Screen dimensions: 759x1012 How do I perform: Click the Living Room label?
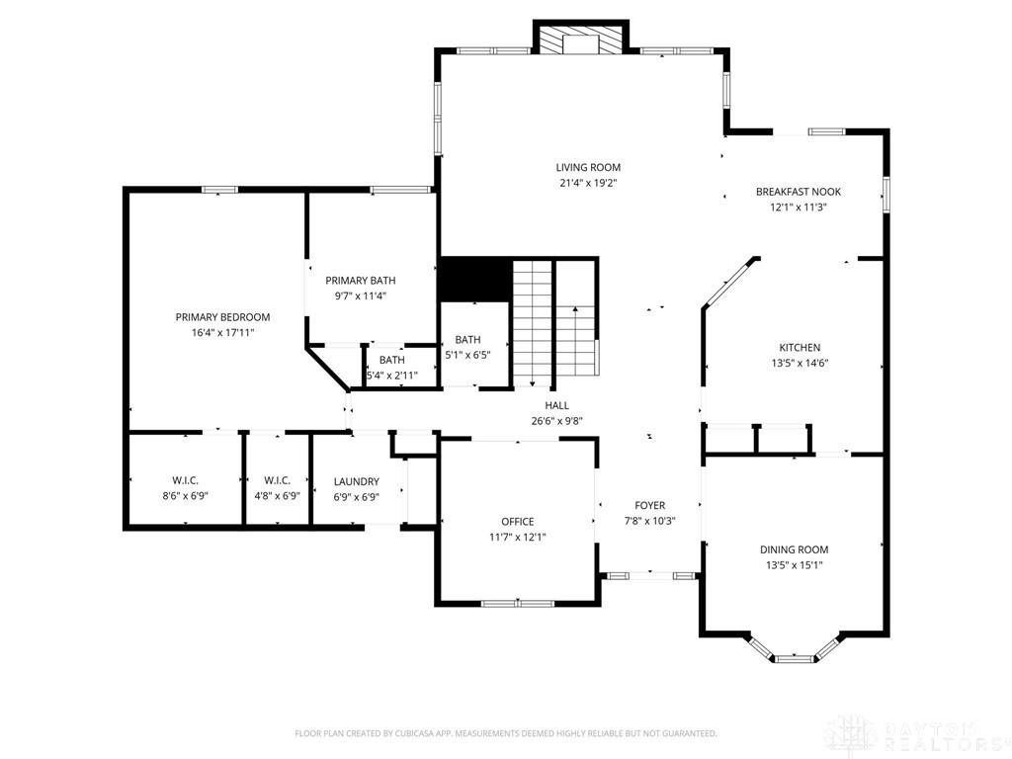coord(588,167)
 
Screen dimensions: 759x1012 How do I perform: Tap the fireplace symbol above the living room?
coord(581,39)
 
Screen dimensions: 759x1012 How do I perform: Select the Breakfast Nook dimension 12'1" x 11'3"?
coord(799,208)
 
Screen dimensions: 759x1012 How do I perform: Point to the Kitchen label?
coord(800,348)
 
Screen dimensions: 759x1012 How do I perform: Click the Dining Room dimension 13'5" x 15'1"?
coord(794,565)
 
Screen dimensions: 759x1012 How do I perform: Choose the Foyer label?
coord(649,505)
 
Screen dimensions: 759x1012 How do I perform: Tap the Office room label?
coord(517,522)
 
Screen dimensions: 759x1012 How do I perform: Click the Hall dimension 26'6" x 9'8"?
coord(556,420)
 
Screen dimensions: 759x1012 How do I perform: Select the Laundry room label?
coord(357,481)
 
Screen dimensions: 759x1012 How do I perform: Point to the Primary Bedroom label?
coord(222,317)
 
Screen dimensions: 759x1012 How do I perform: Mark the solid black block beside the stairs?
coord(473,280)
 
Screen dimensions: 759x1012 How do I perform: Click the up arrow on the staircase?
coord(574,314)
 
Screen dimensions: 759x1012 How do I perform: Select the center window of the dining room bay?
coord(794,657)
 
